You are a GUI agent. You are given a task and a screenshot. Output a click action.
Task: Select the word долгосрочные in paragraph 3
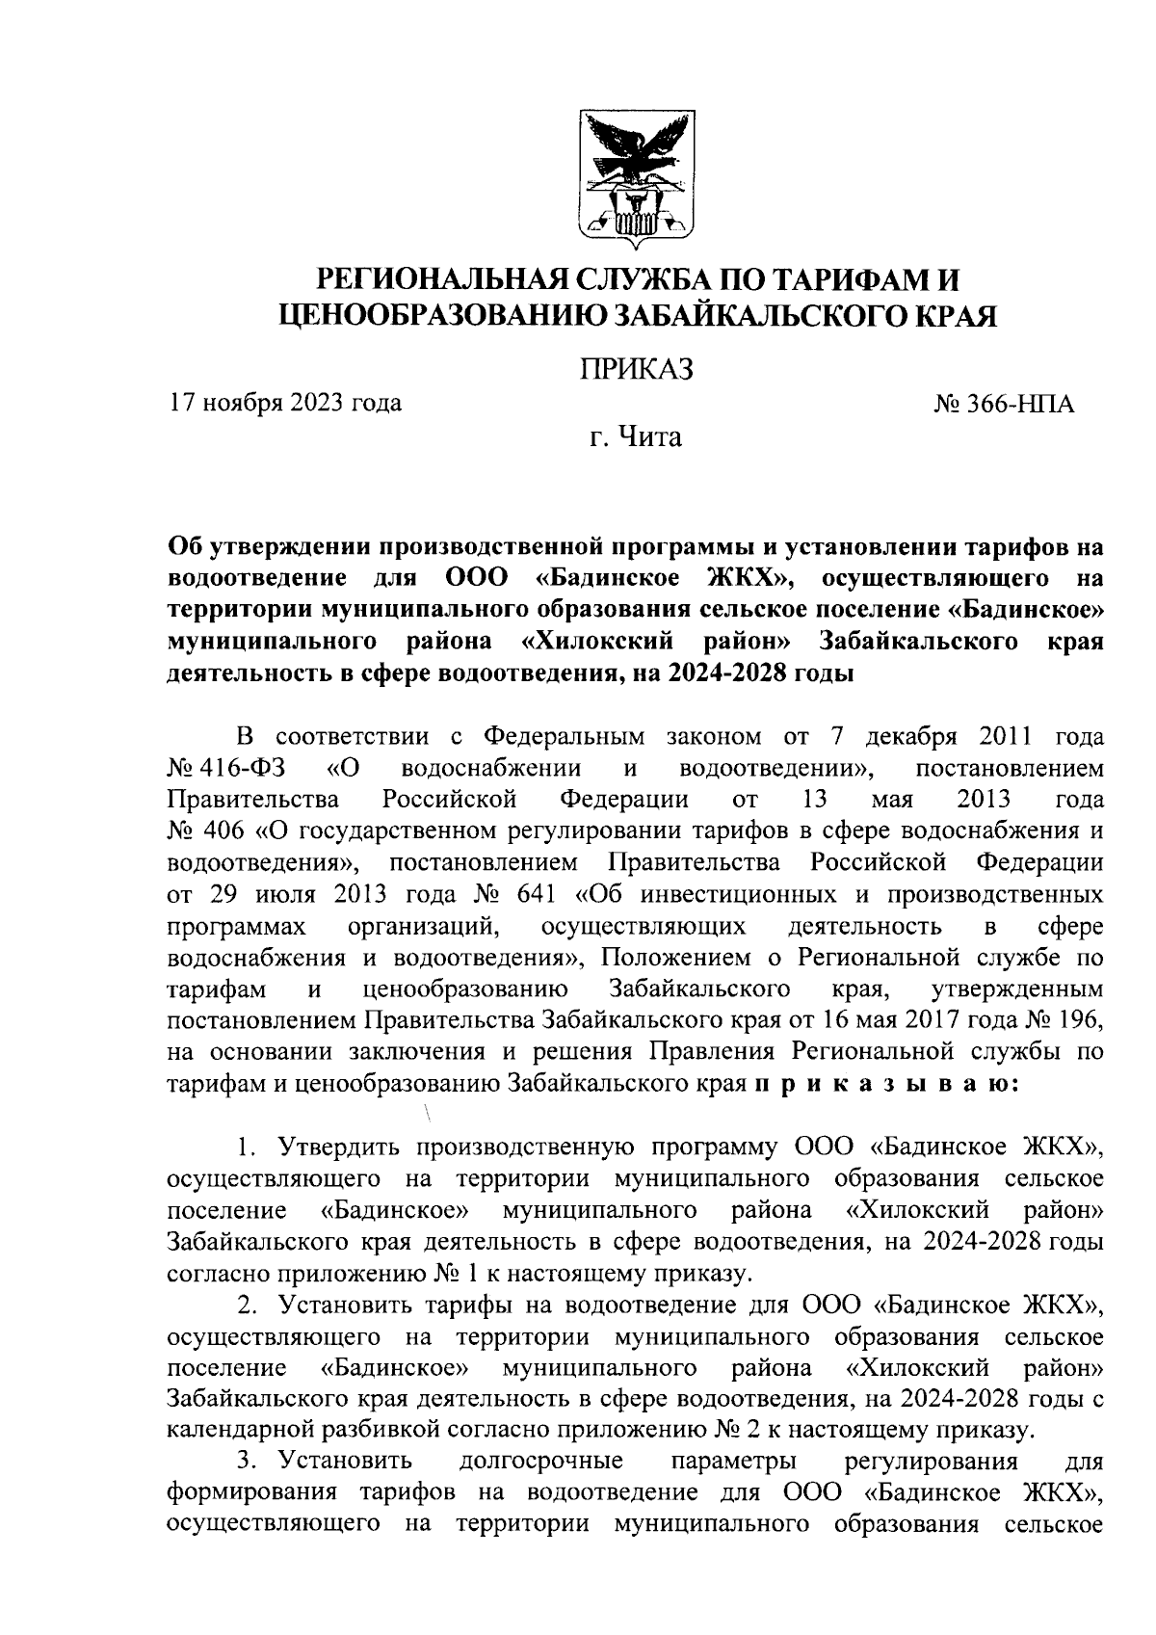[x=541, y=1461]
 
